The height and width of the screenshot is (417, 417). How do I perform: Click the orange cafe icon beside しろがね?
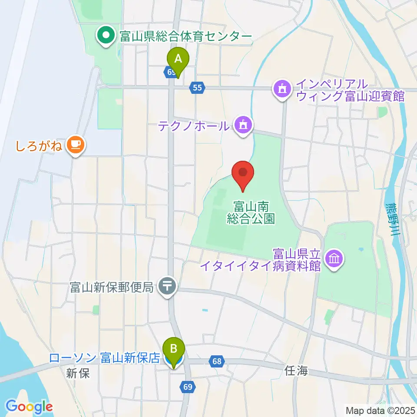(75, 144)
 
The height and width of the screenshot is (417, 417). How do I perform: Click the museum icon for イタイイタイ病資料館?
(335, 259)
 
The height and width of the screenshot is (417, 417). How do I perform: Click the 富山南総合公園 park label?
(251, 212)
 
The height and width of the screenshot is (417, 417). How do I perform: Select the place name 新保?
(78, 373)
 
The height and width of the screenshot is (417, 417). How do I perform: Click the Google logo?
(29, 407)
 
